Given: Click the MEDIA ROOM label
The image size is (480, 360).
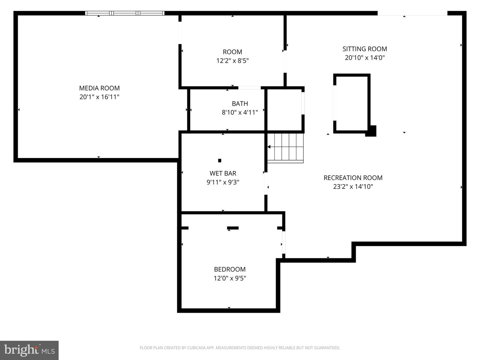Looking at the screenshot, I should pos(99,88).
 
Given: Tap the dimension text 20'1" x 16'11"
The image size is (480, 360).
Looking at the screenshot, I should pos(99,97).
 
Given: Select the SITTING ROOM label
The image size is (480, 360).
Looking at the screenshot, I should pos(365,49).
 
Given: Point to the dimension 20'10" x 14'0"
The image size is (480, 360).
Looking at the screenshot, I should pos(365,58).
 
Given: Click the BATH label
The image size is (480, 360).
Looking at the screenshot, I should pos(240,104).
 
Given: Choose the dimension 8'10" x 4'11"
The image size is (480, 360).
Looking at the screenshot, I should pos(240,112).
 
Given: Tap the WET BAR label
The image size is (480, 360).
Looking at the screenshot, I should pos(223,173).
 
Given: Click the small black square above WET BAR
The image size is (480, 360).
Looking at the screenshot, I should pos(220,161).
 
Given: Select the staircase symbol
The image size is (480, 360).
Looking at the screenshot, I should pos(286,147).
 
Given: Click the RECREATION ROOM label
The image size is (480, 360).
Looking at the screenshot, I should pos(353,178).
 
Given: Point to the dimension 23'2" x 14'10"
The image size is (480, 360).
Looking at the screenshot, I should pos(353,187).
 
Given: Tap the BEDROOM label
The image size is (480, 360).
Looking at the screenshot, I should pos(230,269).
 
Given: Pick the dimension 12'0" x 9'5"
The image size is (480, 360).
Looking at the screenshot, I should pos(230,278).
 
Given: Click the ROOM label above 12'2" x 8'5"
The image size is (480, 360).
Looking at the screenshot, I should pos(232,52).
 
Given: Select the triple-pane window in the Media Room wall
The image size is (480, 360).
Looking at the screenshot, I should pos(125,13).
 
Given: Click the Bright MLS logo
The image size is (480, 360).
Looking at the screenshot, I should pos(29,350).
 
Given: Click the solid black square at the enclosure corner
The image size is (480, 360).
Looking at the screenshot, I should pos(371,131).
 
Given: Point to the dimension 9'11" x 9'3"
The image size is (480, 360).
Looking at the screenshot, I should pos(223,182).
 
